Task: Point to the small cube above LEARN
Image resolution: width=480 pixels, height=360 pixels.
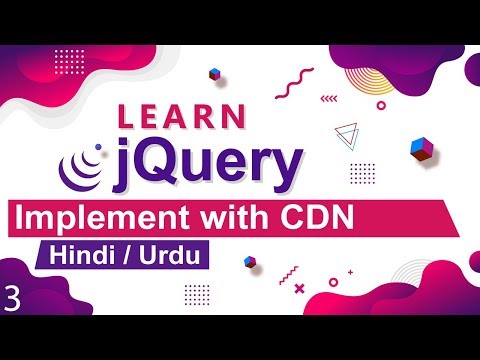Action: pos(214,73)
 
